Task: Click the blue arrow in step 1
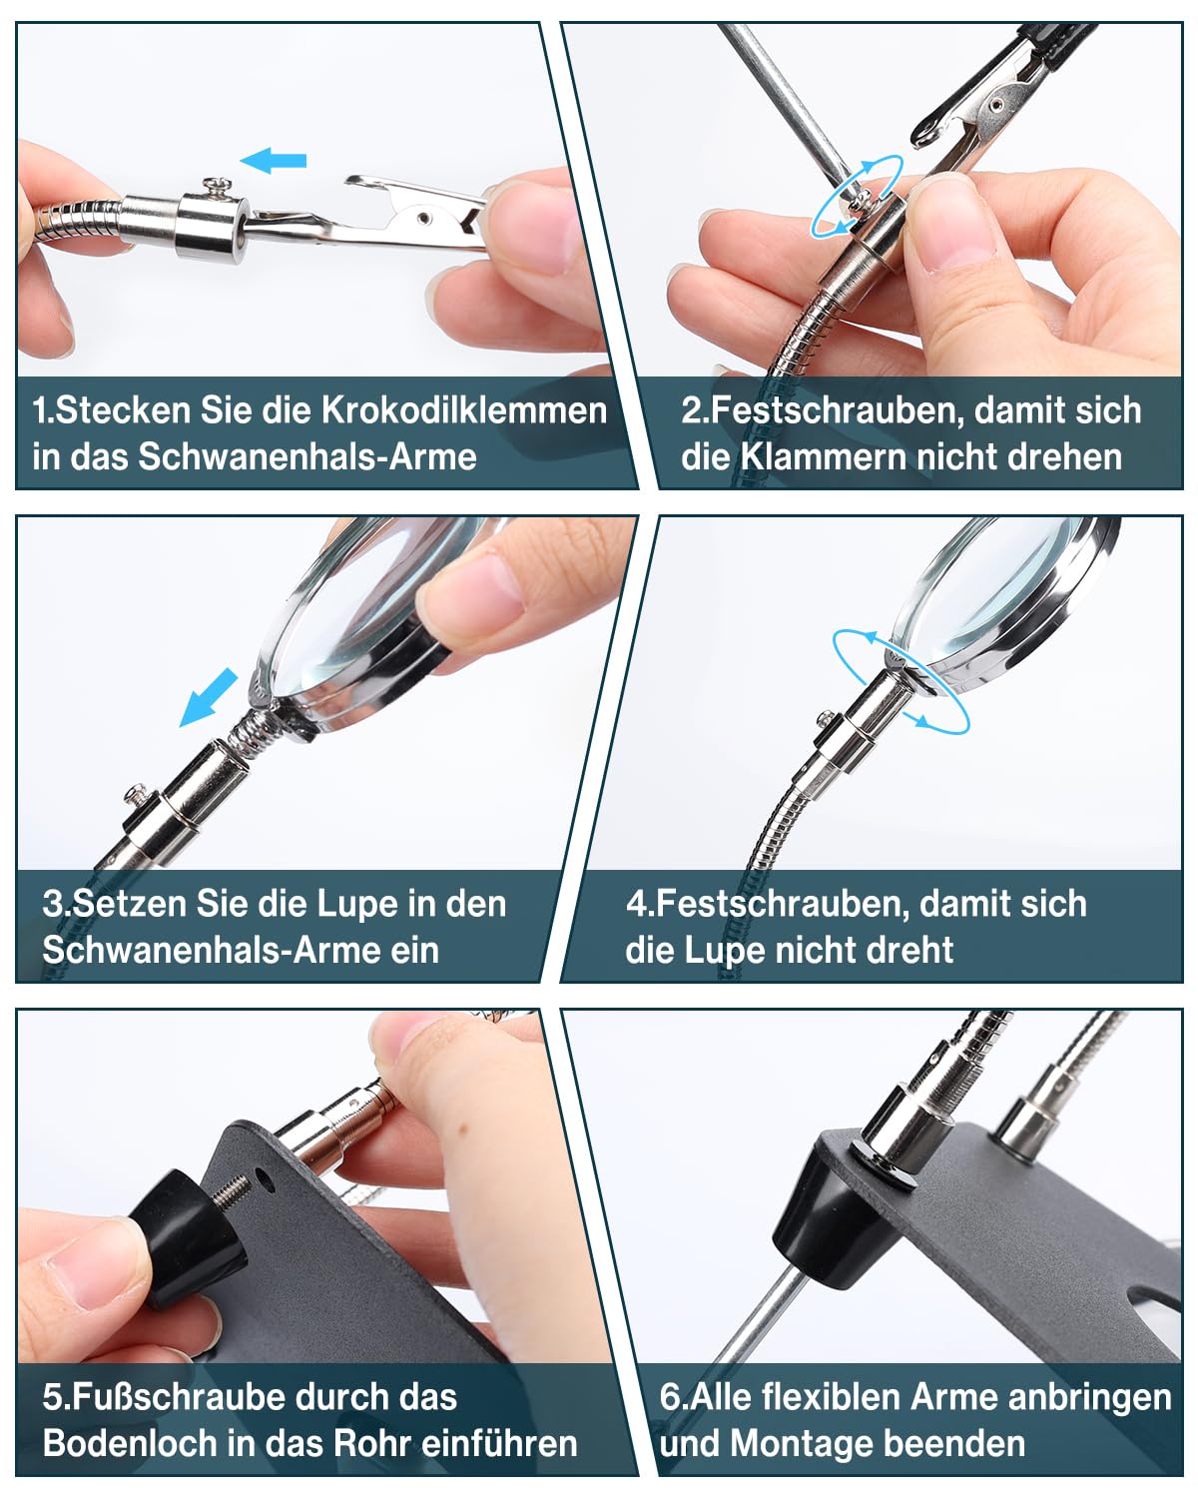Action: tap(273, 161)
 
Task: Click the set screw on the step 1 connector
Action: tap(218, 188)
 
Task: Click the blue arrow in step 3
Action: tap(208, 697)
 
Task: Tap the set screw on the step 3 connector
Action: tap(137, 793)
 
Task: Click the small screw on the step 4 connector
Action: tap(827, 716)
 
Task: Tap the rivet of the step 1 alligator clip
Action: tap(423, 218)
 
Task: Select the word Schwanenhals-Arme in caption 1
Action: tap(306, 457)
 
